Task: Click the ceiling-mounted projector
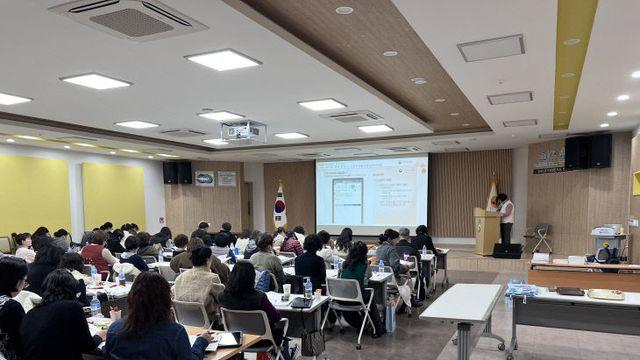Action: pos(242,131)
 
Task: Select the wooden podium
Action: pos(487,231)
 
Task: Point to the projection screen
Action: pos(371,193)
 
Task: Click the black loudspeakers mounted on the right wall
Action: pos(588,151)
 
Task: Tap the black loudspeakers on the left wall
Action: pos(177,172)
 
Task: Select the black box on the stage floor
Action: pos(507,250)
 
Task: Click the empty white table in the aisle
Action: pos(466,304)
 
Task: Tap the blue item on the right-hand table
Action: pos(521,290)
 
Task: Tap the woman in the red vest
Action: pos(98,254)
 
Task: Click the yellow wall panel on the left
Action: pos(113,196)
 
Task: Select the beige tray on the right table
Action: pos(605,294)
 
